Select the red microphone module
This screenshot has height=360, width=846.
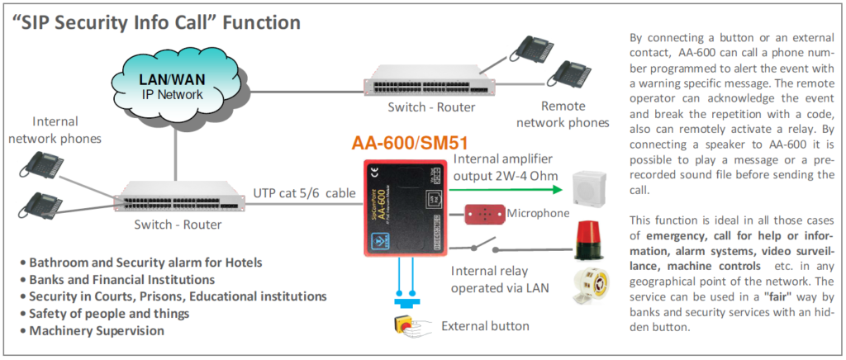coord(484,213)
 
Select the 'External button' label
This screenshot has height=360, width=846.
coord(485,325)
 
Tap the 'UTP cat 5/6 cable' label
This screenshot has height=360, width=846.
coord(304,192)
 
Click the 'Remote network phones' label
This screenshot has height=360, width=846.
coord(562,115)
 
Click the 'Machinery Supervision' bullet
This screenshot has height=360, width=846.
coord(97,330)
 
